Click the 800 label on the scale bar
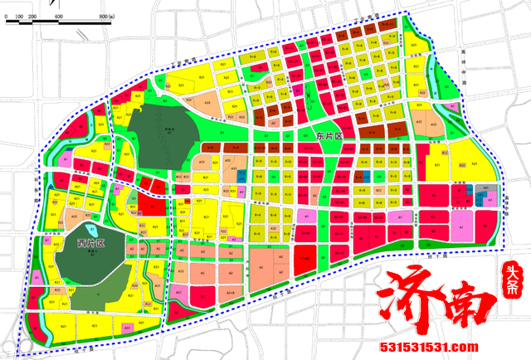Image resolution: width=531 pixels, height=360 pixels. pyautogui.click(x=105, y=17)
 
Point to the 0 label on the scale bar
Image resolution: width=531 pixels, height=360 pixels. pyautogui.click(x=8, y=17)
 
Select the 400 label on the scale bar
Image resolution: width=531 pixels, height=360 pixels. pyautogui.click(x=58, y=17)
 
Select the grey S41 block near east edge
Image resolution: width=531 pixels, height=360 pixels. pyautogui.click(x=486, y=190)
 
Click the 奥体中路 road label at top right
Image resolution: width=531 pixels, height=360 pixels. pyautogui.click(x=465, y=62)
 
